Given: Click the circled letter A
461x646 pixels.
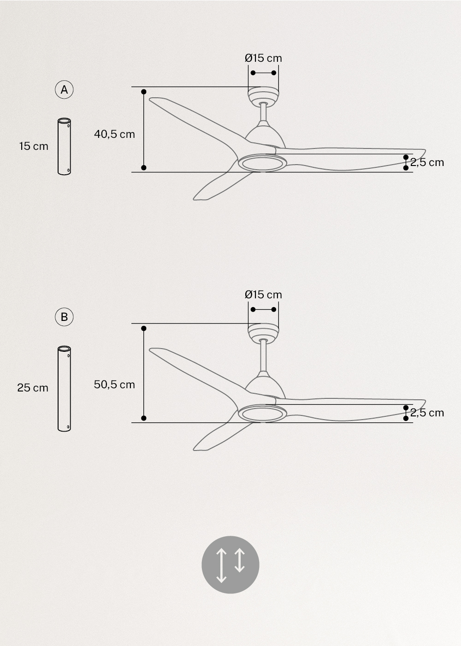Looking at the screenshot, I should (64, 89).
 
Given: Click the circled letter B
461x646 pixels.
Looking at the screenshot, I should (64, 317).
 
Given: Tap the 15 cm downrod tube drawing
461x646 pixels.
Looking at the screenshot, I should (64, 147).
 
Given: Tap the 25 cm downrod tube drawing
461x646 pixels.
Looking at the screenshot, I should (64, 389).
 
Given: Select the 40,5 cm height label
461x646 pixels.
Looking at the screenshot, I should (114, 134).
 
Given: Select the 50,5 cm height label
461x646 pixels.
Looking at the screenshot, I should (114, 385).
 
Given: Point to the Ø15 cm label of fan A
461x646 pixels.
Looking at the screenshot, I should (263, 58).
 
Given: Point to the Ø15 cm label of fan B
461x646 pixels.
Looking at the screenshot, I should (263, 295).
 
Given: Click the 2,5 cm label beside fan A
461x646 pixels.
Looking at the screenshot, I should (427, 162).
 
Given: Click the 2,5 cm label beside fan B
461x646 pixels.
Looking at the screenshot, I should (427, 413).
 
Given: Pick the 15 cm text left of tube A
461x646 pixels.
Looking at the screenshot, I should (34, 146).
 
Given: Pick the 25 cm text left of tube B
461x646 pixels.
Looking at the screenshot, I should (33, 388).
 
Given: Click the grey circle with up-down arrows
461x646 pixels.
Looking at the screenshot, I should (230, 565).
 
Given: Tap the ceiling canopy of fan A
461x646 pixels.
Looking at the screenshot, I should (263, 95).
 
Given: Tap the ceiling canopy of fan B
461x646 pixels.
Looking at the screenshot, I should (263, 332).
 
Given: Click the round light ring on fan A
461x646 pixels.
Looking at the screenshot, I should (262, 163).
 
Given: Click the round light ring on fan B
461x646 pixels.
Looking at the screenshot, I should (262, 414).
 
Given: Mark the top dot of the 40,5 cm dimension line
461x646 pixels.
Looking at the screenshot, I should (144, 92).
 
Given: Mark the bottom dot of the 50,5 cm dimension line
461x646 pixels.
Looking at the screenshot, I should (144, 418).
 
